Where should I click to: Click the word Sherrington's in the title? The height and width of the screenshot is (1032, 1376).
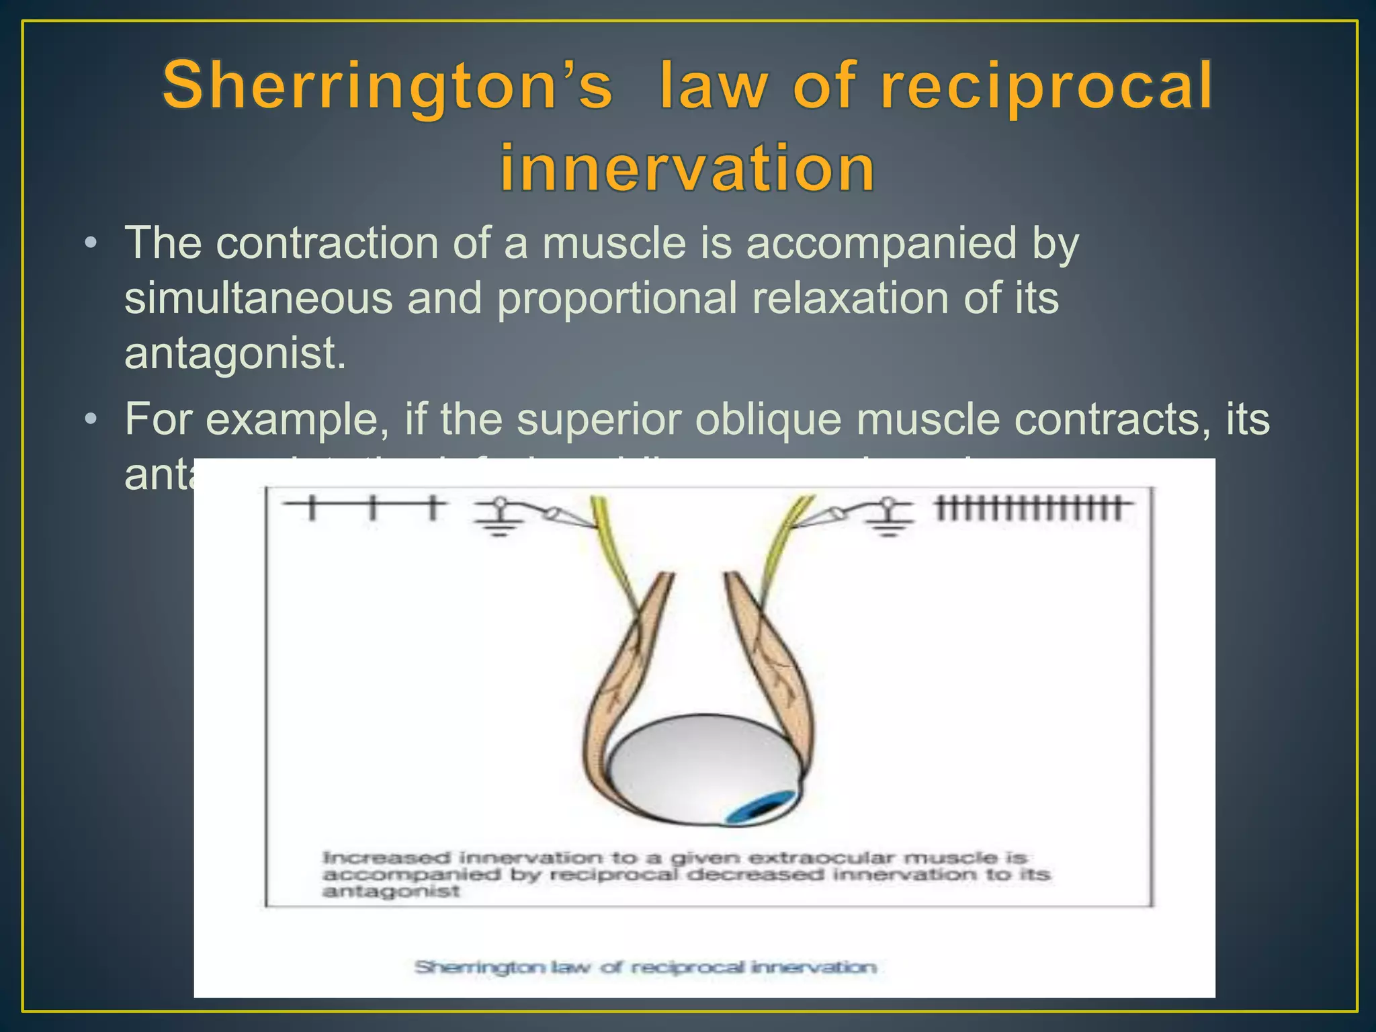(x=387, y=86)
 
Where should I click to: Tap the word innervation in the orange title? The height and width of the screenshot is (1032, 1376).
(x=687, y=167)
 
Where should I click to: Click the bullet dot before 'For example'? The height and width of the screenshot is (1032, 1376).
(x=91, y=419)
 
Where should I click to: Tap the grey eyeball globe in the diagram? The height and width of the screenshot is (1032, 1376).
(x=699, y=766)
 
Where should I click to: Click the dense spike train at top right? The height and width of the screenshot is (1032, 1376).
(x=1031, y=508)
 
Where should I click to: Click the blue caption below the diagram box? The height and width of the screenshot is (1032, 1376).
(x=645, y=967)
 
